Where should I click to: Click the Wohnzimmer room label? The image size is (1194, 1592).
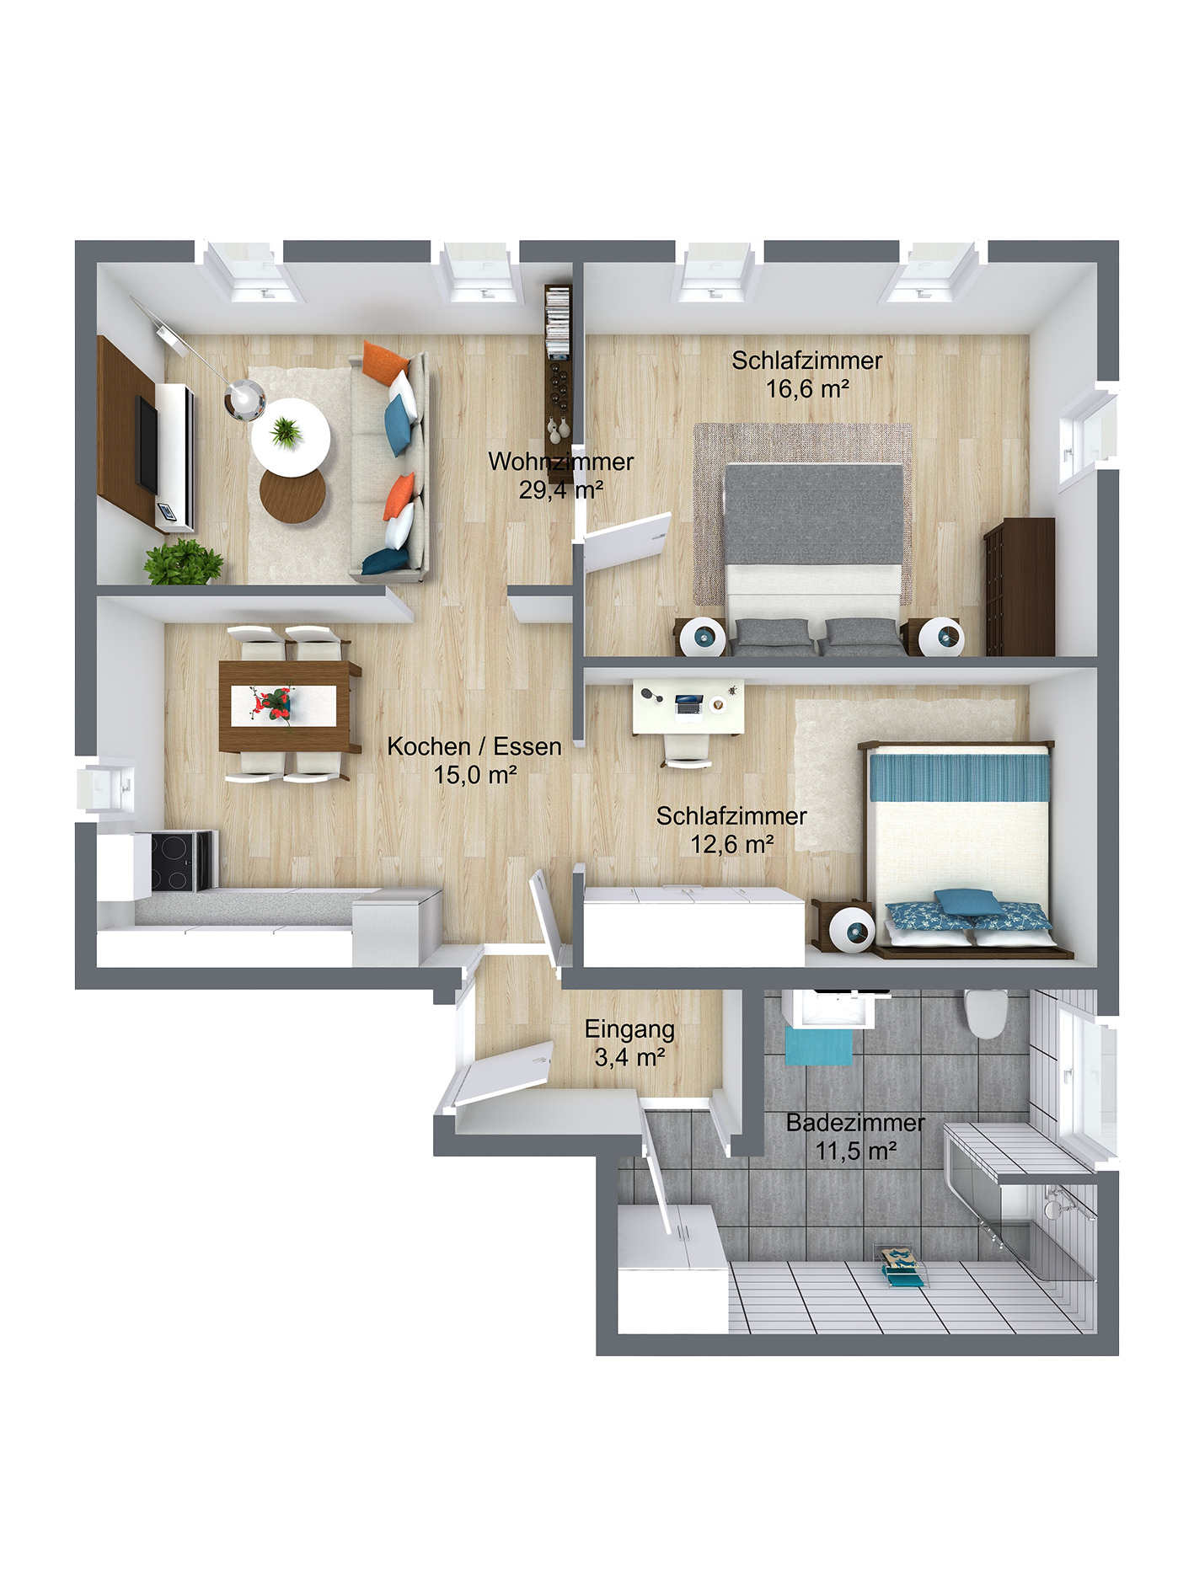pyautogui.click(x=560, y=462)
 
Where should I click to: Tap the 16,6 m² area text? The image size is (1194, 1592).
pyautogui.click(x=806, y=389)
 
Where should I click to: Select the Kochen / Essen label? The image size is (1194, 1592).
pyautogui.click(x=474, y=746)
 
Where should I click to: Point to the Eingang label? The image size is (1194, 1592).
pyautogui.click(x=629, y=1029)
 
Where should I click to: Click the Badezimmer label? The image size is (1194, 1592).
pyautogui.click(x=854, y=1123)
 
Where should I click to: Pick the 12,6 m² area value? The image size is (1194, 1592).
pyautogui.click(x=731, y=844)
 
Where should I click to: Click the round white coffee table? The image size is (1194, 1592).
pyautogui.click(x=290, y=435)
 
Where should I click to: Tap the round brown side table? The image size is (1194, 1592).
pyautogui.click(x=292, y=495)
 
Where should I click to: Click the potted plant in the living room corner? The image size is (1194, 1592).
pyautogui.click(x=184, y=562)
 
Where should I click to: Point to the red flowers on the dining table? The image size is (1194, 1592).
pyautogui.click(x=274, y=703)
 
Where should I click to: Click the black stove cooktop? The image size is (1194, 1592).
pyautogui.click(x=179, y=860)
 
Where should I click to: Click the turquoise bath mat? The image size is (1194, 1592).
pyautogui.click(x=818, y=1047)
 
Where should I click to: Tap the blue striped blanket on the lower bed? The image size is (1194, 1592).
pyautogui.click(x=959, y=777)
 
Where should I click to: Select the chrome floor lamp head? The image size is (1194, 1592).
pyautogui.click(x=244, y=398)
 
